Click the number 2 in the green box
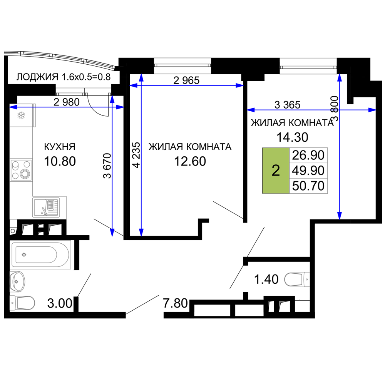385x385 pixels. click(276, 171)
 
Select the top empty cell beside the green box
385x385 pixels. click(308, 155)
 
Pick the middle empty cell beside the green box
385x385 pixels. click(308, 171)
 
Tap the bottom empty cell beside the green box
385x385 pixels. click(308, 186)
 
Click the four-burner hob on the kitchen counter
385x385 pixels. click(21, 170)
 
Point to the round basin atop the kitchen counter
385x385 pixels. click(21, 115)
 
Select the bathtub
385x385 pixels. click(40, 255)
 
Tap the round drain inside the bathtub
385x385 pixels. click(24, 254)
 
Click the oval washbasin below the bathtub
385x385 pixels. click(17, 281)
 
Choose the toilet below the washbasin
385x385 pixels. click(22, 303)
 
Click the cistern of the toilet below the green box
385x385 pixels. click(307, 280)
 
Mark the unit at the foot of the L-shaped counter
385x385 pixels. click(50, 207)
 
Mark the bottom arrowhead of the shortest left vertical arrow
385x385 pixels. click(112, 233)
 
